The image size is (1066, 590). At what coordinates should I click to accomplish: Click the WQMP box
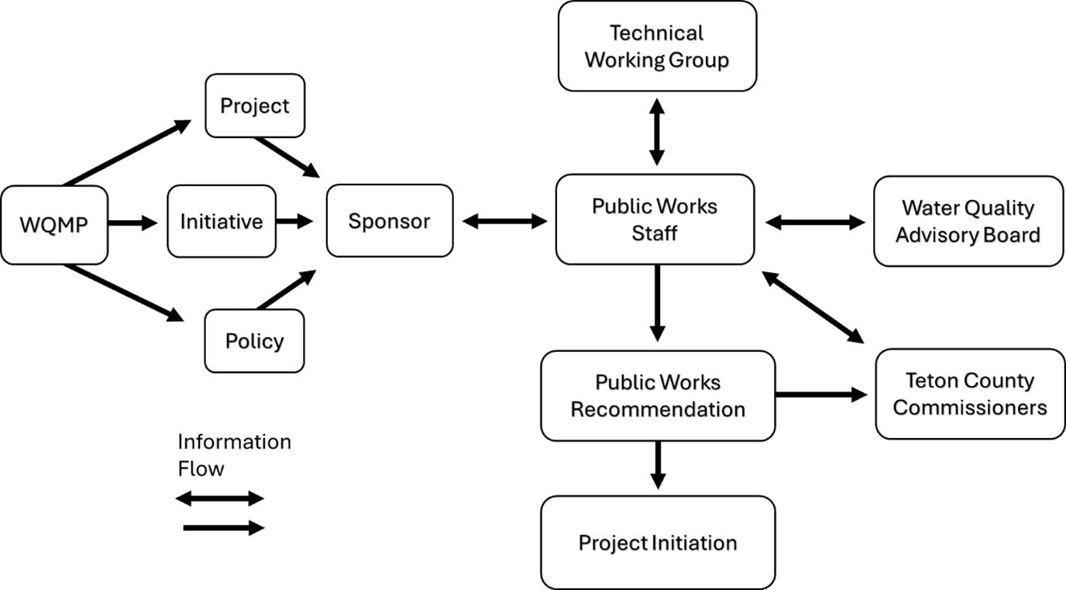click(x=53, y=225)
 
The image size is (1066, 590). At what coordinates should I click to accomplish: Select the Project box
click(x=254, y=105)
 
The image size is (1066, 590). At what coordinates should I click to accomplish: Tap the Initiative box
click(x=222, y=222)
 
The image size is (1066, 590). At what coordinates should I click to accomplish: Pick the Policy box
click(x=254, y=341)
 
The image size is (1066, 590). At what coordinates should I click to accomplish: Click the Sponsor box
click(x=389, y=222)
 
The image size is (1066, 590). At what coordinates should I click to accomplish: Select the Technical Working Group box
click(x=657, y=47)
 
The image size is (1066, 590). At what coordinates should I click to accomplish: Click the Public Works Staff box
click(x=655, y=219)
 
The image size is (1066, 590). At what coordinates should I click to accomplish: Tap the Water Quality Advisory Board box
click(x=968, y=222)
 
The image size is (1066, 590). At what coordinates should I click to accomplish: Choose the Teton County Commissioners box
click(x=970, y=394)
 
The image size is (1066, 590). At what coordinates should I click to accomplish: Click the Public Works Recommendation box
click(x=658, y=395)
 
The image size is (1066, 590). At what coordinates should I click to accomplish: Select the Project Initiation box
click(x=658, y=543)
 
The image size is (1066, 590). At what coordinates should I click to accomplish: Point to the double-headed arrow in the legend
click(x=220, y=499)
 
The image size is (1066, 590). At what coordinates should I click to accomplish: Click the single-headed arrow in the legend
click(x=224, y=528)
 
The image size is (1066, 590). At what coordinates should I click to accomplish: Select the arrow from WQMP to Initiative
click(x=132, y=223)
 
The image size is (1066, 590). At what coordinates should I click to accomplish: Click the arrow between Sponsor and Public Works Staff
click(x=504, y=222)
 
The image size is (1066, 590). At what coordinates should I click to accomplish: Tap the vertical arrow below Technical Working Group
click(x=657, y=132)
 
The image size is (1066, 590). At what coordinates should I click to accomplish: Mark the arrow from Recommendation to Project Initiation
click(x=658, y=465)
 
